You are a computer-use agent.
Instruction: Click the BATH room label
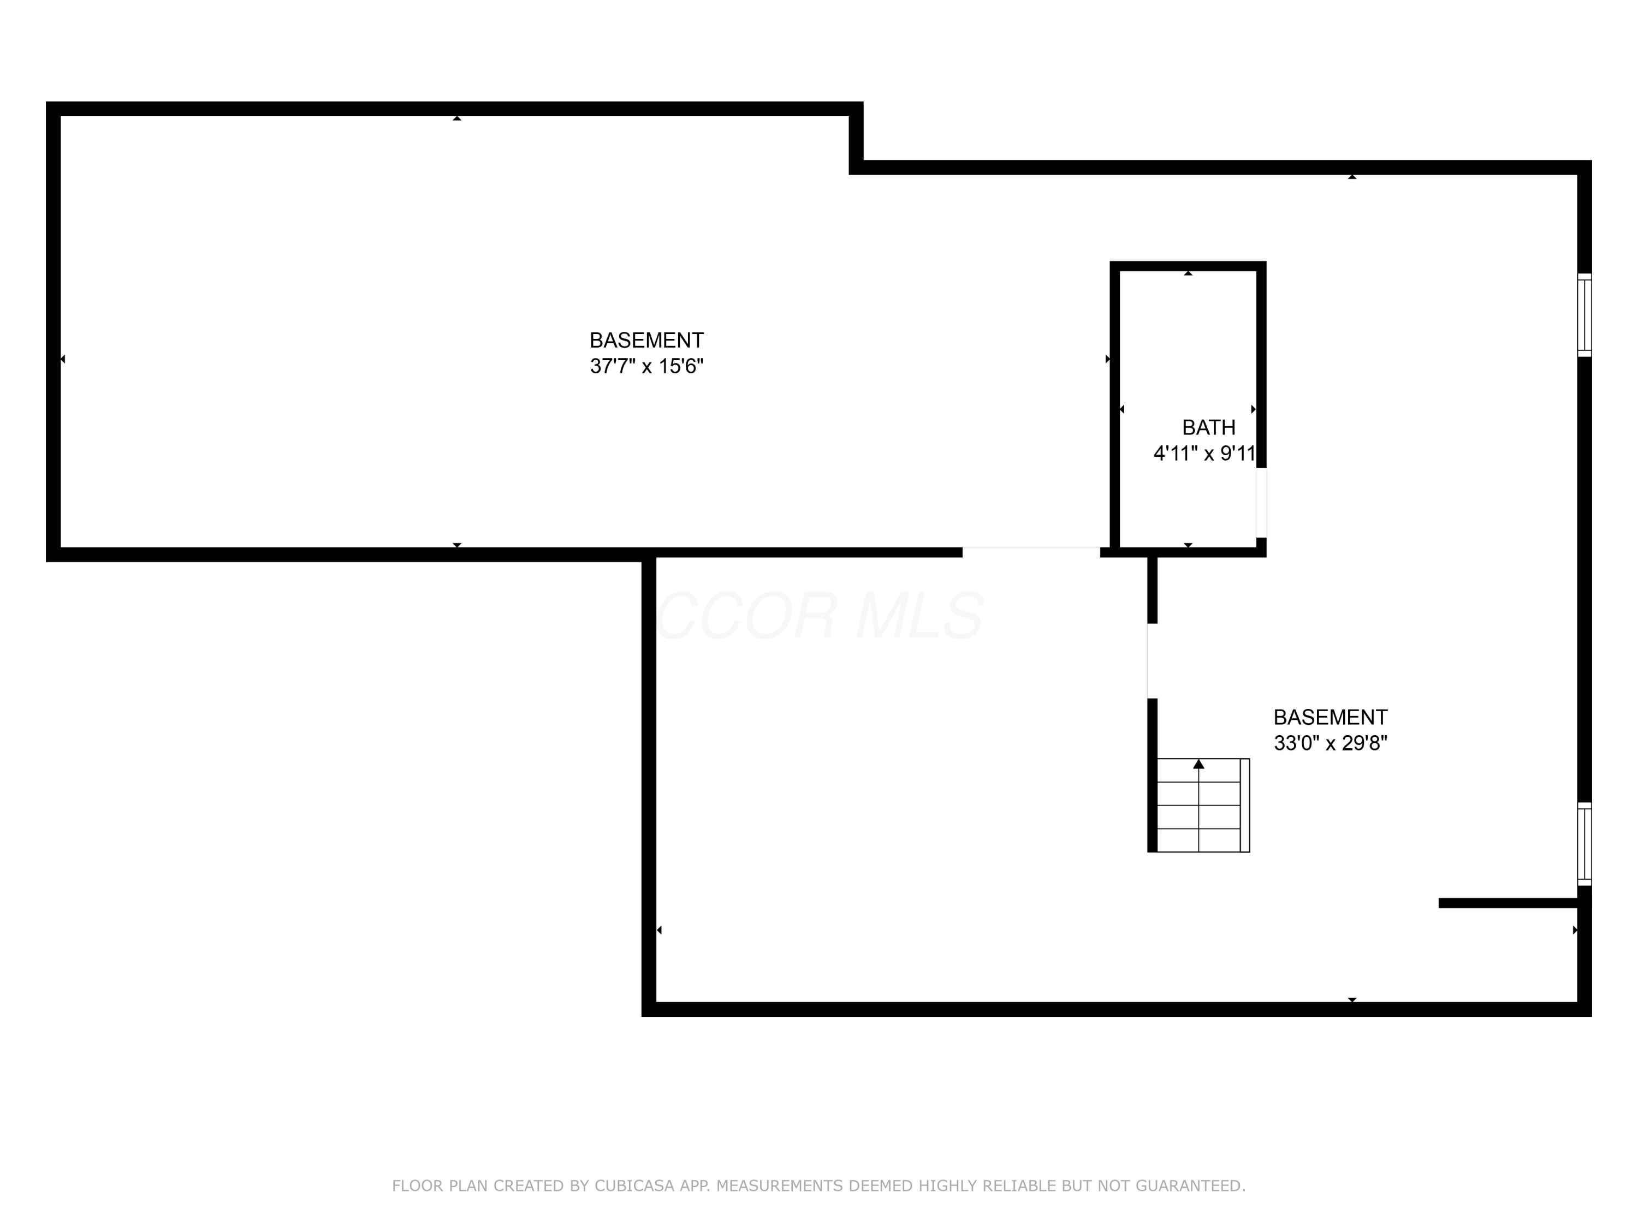1208,427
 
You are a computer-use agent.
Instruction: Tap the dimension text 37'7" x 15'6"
646,366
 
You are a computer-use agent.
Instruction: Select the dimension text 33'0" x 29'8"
1330,743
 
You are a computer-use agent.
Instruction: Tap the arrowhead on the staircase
1199,764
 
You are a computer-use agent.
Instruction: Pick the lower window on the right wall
1584,844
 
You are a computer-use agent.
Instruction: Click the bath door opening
1261,503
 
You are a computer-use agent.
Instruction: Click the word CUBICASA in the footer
634,1186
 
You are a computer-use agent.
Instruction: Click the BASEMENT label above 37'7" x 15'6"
646,341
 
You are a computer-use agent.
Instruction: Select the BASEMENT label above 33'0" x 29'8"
1330,717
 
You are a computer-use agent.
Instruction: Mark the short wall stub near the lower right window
1507,903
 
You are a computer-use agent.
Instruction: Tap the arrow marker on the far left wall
62,359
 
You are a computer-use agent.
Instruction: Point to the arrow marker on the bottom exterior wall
1352,999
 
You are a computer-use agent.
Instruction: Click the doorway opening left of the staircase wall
1152,660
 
